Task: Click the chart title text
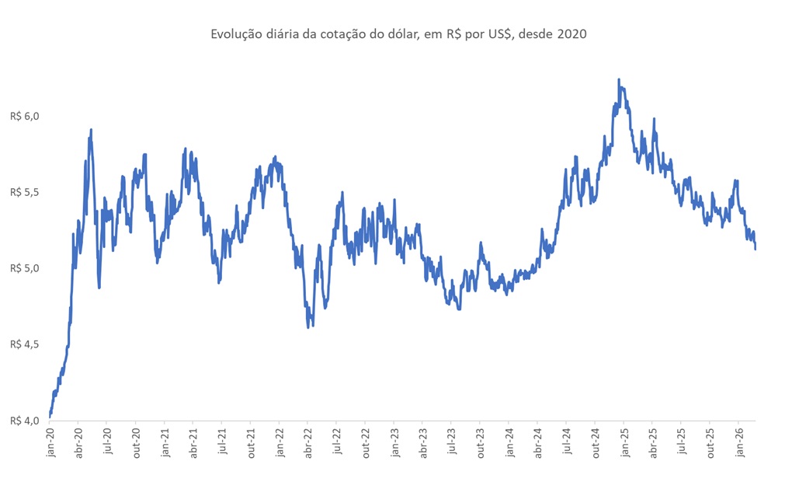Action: (x=398, y=34)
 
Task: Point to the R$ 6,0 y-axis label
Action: (x=24, y=116)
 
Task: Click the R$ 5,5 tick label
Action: (x=24, y=192)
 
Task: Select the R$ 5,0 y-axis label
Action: (x=24, y=268)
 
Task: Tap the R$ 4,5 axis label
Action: (x=24, y=344)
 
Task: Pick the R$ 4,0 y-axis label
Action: (x=24, y=421)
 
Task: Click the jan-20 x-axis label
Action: (x=50, y=442)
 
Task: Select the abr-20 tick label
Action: (x=79, y=442)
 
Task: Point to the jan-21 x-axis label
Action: (x=165, y=442)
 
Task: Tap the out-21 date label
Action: (x=252, y=442)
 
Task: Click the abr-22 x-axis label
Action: (x=308, y=442)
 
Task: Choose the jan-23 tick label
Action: (x=394, y=442)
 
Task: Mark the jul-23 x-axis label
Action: (x=452, y=442)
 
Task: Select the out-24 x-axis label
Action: (x=596, y=442)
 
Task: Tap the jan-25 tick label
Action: (x=624, y=442)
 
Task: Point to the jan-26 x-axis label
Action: (x=738, y=442)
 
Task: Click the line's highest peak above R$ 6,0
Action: (x=618, y=79)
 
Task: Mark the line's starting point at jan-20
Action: (x=50, y=416)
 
